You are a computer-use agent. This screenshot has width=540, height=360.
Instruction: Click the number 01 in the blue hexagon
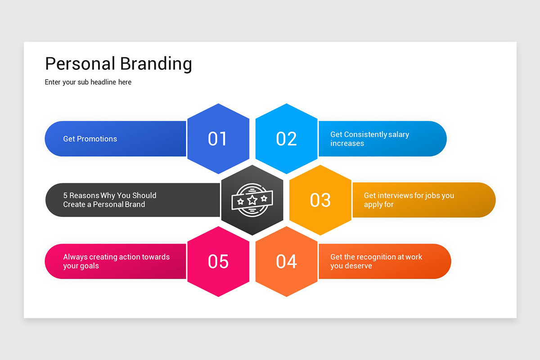point(217,139)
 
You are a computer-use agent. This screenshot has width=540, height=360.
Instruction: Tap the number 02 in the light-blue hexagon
point(287,139)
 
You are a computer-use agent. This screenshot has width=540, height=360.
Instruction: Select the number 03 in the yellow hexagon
point(320,200)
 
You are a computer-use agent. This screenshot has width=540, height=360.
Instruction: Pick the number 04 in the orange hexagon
point(287,261)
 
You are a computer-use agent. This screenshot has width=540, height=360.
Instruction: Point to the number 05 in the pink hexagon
point(218,261)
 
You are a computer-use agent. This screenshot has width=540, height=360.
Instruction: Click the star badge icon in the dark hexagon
point(252,200)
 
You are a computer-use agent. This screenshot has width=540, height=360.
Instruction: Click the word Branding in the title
point(156,63)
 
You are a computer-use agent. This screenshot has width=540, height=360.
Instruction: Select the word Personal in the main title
point(80,63)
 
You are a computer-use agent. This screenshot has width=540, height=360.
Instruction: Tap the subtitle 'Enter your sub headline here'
point(88,82)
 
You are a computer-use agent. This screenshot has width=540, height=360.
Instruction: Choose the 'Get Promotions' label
point(90,139)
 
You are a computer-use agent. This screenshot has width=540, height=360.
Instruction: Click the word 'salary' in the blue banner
point(399,135)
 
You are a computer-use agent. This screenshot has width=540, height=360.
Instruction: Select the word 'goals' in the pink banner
point(90,266)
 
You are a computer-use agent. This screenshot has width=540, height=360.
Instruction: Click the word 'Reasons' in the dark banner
point(84,196)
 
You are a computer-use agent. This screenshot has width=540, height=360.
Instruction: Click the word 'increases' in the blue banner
point(347,144)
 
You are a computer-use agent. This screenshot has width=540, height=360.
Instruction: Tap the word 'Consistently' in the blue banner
point(365,135)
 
